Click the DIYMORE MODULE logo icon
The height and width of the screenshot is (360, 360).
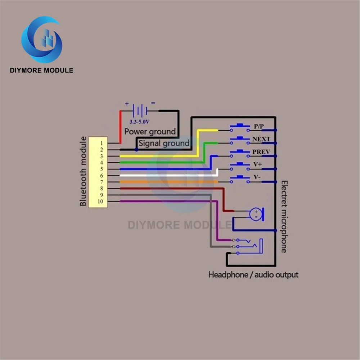pos(41,40)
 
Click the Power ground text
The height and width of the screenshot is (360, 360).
pos(150,131)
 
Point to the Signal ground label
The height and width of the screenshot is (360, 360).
pos(164,143)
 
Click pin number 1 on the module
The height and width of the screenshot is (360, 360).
pos(102,143)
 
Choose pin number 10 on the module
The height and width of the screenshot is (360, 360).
pos(100,201)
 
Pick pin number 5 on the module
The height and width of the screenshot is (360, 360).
pos(102,169)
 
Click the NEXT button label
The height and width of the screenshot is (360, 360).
pos(261,139)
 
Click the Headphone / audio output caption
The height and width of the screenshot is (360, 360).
pos(253,275)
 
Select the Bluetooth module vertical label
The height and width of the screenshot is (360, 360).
pos(83,171)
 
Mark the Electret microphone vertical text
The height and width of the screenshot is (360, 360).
pos(284,216)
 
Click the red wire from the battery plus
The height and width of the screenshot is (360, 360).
pos(120,126)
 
